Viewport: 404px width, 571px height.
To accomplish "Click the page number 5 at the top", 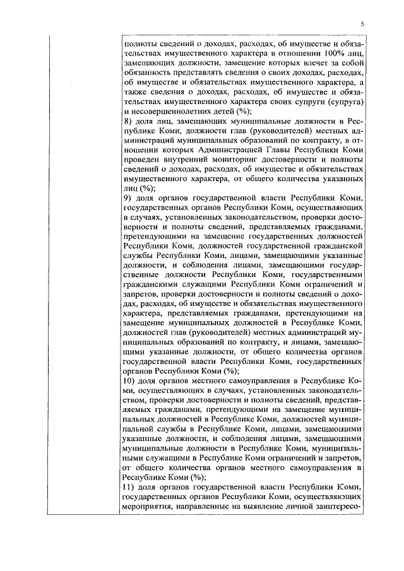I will point(362,23).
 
